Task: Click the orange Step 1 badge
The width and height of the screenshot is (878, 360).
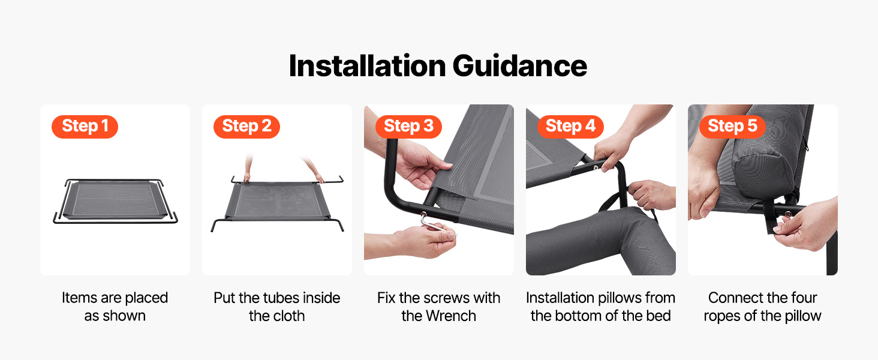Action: pyautogui.click(x=85, y=127)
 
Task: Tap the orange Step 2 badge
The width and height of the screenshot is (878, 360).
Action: pyautogui.click(x=246, y=127)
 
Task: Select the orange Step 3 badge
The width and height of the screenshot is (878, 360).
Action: pyautogui.click(x=408, y=127)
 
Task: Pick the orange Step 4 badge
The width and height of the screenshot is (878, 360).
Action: pyautogui.click(x=570, y=127)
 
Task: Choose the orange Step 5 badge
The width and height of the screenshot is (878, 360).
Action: pyautogui.click(x=732, y=127)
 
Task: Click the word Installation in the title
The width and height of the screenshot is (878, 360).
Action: pyautogui.click(x=367, y=65)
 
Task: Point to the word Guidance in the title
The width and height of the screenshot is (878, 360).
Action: pyautogui.click(x=520, y=65)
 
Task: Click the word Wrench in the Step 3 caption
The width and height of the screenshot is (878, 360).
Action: pyautogui.click(x=451, y=316)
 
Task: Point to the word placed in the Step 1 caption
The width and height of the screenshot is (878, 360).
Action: pyautogui.click(x=146, y=298)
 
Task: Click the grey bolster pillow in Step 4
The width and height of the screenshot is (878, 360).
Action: pyautogui.click(x=600, y=241)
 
